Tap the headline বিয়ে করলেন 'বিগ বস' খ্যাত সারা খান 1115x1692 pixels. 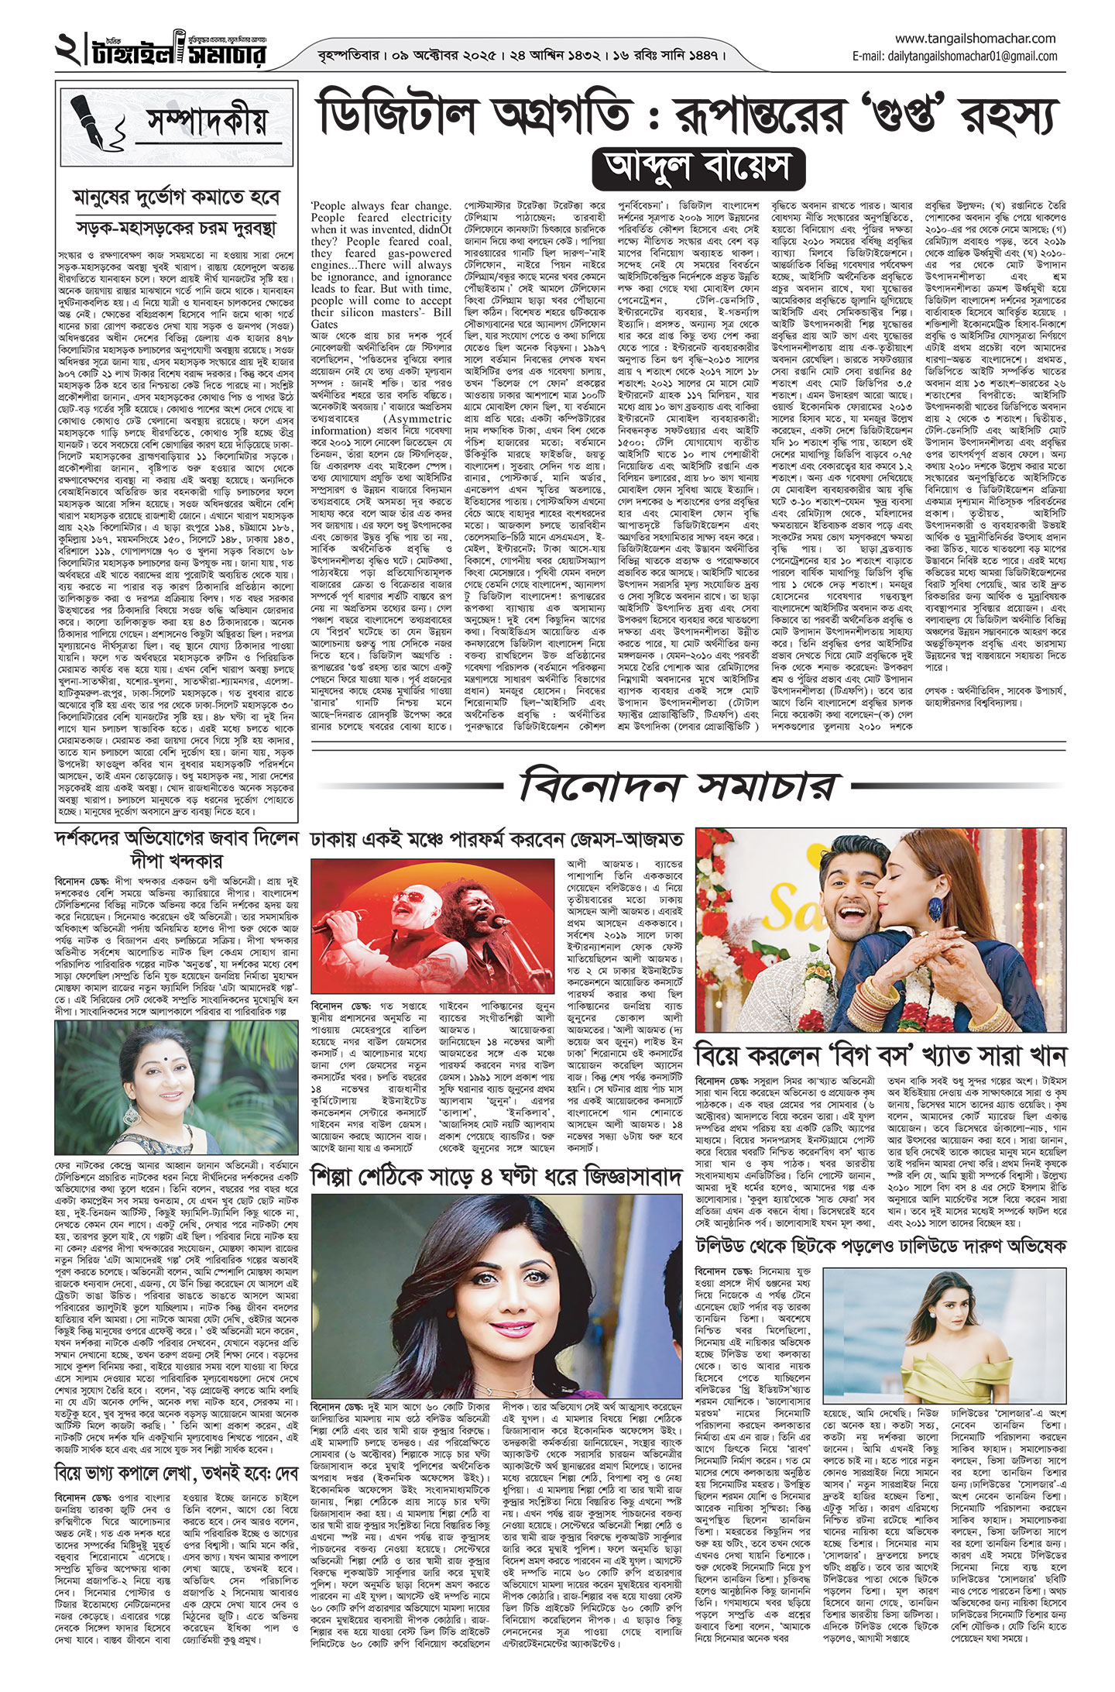881,1054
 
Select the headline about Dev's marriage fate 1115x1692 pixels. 176,1470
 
